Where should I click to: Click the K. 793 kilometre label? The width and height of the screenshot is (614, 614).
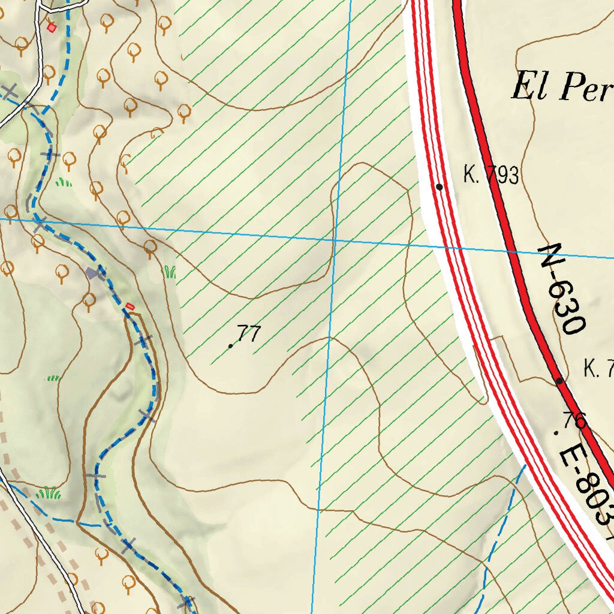click(490, 175)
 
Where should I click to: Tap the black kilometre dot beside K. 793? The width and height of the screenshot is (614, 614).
click(439, 187)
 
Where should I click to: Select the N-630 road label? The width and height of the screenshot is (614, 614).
click(562, 289)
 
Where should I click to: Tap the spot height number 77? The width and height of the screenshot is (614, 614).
click(248, 333)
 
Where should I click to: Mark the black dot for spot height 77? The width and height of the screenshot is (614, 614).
click(230, 346)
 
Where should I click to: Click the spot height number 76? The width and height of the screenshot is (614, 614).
click(574, 420)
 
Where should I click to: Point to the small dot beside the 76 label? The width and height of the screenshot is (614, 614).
click(556, 432)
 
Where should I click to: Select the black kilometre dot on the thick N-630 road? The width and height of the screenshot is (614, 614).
click(559, 381)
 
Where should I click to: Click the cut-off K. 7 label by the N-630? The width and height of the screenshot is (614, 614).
click(598, 369)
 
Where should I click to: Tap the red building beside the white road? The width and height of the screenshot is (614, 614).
click(52, 26)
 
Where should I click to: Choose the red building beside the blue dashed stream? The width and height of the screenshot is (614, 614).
click(130, 306)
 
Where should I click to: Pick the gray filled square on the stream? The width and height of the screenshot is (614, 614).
click(92, 273)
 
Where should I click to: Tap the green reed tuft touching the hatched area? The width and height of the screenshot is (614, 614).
click(170, 272)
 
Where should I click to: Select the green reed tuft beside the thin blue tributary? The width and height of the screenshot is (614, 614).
click(49, 493)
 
